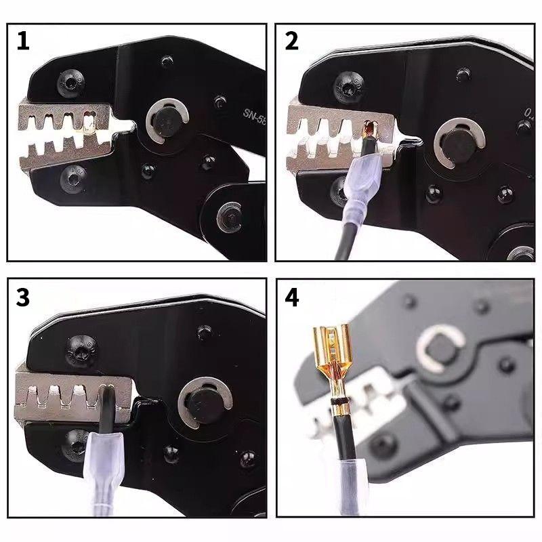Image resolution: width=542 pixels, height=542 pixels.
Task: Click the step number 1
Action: (x=23, y=41)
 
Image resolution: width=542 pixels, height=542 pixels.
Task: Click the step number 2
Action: (x=291, y=41)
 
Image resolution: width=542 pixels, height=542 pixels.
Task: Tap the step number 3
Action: (x=23, y=299)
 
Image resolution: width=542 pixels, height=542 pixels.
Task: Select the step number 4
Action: (x=292, y=299)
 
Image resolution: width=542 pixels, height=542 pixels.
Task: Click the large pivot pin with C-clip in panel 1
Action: (x=164, y=123)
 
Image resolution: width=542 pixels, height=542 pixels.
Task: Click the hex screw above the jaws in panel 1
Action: (x=70, y=83)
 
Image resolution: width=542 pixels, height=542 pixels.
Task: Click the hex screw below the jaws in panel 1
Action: (x=72, y=178)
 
